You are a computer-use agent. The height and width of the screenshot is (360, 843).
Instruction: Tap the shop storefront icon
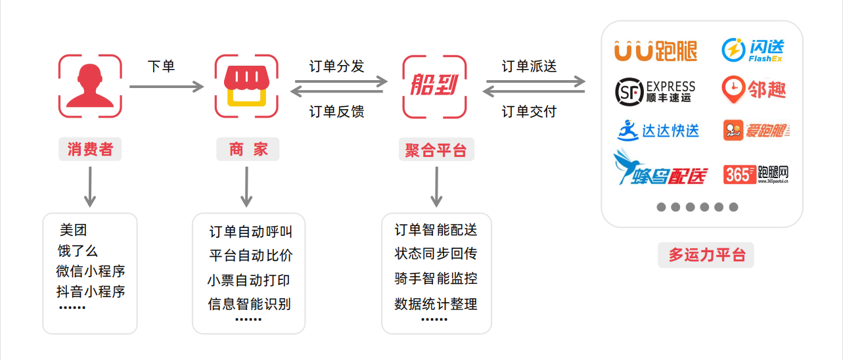(246, 86)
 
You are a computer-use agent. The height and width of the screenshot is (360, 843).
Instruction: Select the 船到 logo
(434, 86)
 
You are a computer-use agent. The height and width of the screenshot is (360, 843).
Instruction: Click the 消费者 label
(90, 149)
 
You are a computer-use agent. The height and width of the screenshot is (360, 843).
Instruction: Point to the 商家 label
(248, 149)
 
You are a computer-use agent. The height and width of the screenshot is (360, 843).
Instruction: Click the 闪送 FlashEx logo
(753, 50)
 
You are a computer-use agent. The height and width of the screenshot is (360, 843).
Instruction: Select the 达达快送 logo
(658, 129)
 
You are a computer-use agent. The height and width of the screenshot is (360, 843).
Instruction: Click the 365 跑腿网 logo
(756, 173)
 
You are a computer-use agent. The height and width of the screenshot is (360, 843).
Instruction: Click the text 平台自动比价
(250, 256)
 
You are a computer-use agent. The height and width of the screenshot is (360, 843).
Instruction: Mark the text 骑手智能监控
(436, 279)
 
